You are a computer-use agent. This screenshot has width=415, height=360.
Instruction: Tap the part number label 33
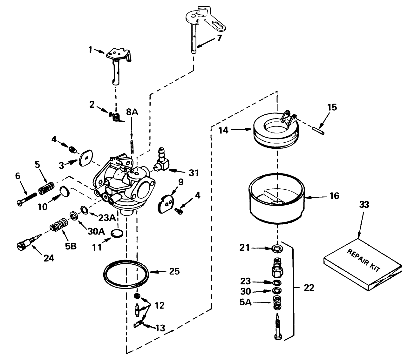(364, 205)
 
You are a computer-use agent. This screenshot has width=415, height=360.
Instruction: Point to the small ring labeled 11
(118, 233)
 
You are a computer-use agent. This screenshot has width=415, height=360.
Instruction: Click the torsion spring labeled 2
(116, 117)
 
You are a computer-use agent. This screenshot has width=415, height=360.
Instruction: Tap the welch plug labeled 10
(65, 192)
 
